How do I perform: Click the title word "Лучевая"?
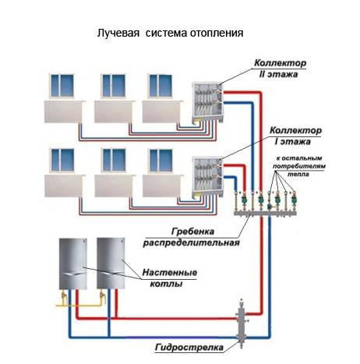(118, 34)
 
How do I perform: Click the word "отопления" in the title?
(217, 34)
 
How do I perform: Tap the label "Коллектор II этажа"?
(280, 69)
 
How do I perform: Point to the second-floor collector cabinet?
(208, 103)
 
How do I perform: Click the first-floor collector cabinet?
(208, 177)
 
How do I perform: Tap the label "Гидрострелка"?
(189, 347)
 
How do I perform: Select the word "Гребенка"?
(192, 231)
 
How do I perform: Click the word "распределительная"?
(192, 242)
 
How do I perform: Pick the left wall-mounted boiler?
(73, 263)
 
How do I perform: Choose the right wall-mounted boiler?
(111, 263)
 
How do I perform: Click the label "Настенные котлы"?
(169, 278)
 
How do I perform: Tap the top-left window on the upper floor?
(62, 86)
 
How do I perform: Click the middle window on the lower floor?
(114, 160)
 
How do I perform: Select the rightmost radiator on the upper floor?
(162, 111)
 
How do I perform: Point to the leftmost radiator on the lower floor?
(64, 186)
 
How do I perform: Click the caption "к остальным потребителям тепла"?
(298, 166)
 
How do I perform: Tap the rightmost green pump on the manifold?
(294, 200)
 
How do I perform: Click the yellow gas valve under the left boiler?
(64, 297)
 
